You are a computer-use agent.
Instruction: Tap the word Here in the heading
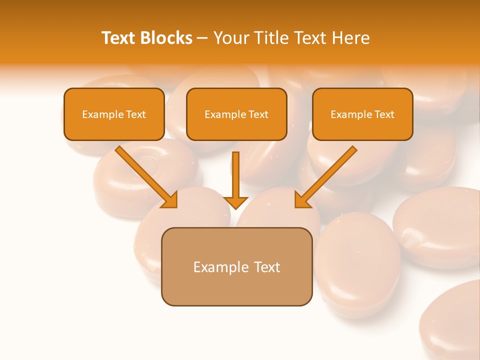pyautogui.click(x=351, y=38)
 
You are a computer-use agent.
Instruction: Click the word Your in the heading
pyautogui.click(x=231, y=38)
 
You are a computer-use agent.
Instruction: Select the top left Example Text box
pyautogui.click(x=114, y=114)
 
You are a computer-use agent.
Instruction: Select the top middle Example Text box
pyautogui.click(x=236, y=114)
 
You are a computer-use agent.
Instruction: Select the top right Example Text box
pyautogui.click(x=362, y=114)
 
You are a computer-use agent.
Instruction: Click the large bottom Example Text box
pyautogui.click(x=236, y=266)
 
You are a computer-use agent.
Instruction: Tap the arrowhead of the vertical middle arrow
pyautogui.click(x=235, y=202)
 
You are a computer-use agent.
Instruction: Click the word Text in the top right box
pyautogui.click(x=384, y=114)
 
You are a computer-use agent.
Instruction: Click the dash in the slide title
pyautogui.click(x=202, y=38)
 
